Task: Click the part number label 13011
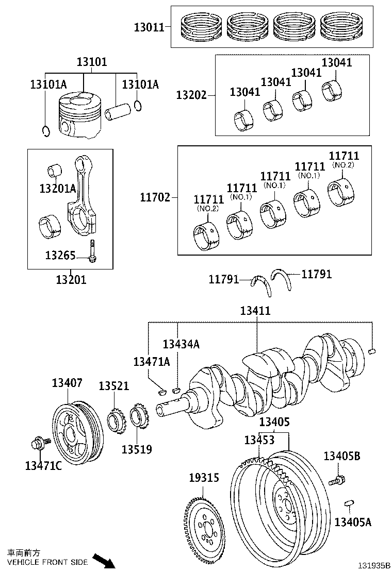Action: tap(149, 26)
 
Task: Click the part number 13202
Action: tap(191, 95)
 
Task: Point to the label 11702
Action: tap(155, 197)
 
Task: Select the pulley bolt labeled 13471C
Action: tap(39, 443)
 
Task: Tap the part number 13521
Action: tap(114, 386)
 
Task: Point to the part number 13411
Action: tap(255, 311)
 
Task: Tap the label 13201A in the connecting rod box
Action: tap(57, 189)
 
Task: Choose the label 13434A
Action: tap(181, 344)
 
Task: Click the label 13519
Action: tap(137, 449)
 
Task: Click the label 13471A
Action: tap(152, 362)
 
